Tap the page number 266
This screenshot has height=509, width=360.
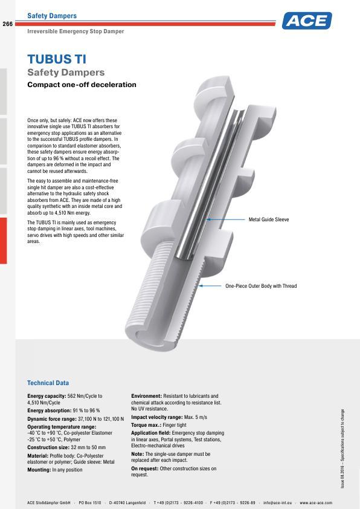point(8,24)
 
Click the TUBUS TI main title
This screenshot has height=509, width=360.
point(57,59)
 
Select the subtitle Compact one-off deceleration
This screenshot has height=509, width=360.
point(82,85)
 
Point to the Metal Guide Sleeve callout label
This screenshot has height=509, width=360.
point(269,219)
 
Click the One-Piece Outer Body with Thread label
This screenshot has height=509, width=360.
point(261,286)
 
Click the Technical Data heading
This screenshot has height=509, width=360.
point(48,383)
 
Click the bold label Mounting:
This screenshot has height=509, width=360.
point(39,470)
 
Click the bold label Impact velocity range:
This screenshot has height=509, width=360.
point(156,417)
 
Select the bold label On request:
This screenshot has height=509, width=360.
point(144,468)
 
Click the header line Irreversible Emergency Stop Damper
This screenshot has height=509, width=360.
point(76,31)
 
